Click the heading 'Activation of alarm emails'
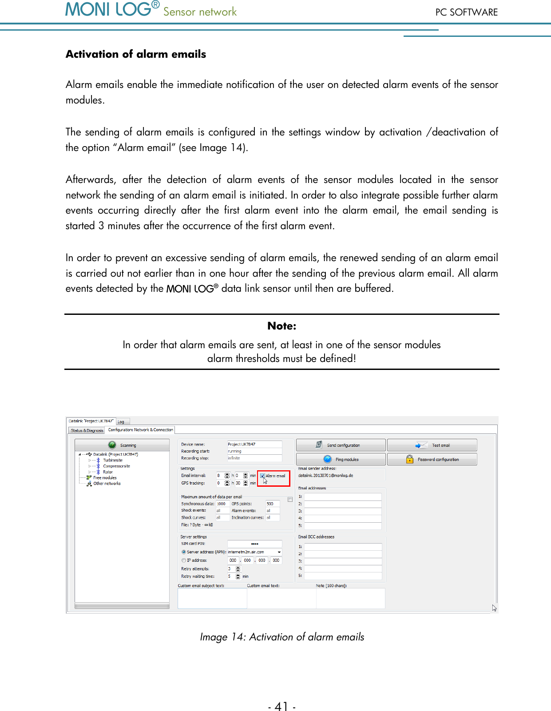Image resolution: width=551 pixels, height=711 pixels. click(136, 54)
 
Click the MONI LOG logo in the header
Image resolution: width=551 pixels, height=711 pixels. click(112, 9)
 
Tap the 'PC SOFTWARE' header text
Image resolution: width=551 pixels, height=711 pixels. click(466, 12)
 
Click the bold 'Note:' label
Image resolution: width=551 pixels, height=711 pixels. click(281, 326)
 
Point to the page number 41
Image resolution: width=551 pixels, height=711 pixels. click(281, 706)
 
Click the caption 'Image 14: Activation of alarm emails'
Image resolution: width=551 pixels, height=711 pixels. click(282, 637)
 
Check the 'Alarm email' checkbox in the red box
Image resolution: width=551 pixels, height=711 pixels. click(263, 476)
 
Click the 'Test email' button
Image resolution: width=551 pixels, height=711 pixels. click(432, 445)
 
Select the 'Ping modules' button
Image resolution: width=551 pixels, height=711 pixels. click(341, 459)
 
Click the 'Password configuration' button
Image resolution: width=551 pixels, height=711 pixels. click(432, 459)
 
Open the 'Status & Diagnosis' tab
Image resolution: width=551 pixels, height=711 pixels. click(87, 430)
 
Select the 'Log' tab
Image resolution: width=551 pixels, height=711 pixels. click(121, 421)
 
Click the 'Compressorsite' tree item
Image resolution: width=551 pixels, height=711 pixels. click(116, 466)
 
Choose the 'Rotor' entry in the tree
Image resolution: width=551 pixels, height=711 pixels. click(108, 472)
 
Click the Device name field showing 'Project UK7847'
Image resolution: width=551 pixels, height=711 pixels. click(254, 444)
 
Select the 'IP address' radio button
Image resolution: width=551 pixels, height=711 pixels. click(184, 560)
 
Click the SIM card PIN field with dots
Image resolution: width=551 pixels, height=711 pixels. click(254, 544)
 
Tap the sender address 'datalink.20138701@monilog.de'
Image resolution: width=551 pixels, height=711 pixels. click(326, 476)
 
